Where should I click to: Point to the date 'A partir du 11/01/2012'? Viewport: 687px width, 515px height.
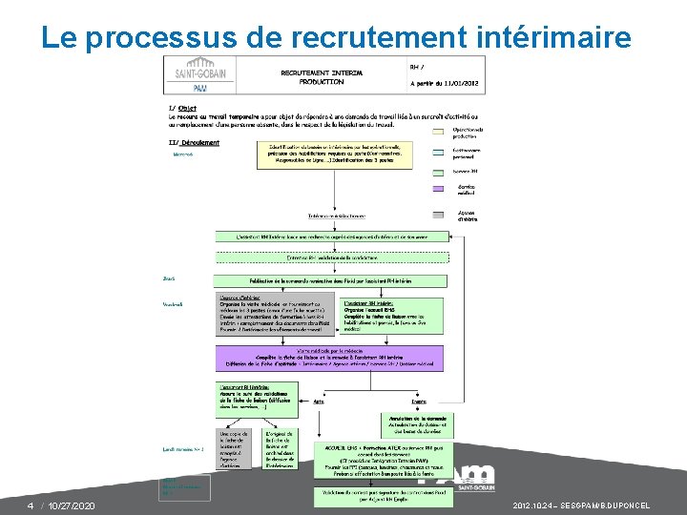[x=445, y=83]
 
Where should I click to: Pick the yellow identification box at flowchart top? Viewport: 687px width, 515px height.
[x=334, y=154]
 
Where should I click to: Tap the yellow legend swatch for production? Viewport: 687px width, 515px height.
[x=438, y=130]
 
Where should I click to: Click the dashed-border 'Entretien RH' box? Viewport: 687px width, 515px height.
[x=330, y=257]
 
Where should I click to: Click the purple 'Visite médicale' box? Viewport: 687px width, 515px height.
[x=330, y=359]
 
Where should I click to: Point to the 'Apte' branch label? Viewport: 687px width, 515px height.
[x=319, y=402]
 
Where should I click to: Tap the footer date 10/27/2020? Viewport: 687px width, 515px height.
[x=73, y=505]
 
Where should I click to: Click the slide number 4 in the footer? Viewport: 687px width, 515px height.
[x=30, y=505]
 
